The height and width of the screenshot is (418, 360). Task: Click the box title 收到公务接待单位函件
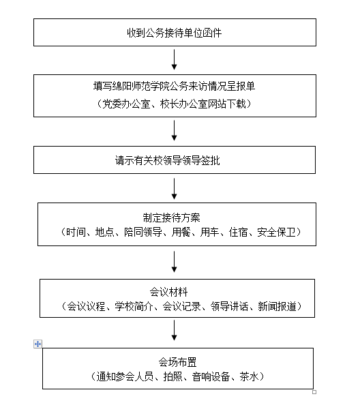coord(175,33)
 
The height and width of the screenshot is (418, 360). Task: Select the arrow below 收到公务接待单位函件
coord(175,59)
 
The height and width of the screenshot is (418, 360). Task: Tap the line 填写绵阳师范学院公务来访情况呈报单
coord(175,86)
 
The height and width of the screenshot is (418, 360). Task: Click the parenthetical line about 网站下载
coord(175,104)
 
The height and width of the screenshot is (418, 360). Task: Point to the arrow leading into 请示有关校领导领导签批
coord(175,130)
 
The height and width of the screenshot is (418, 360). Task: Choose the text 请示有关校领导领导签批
coord(167,160)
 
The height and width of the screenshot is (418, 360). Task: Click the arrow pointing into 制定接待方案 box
coord(175,189)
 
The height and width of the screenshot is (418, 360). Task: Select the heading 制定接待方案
coord(171,218)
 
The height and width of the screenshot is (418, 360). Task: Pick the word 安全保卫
coord(277,233)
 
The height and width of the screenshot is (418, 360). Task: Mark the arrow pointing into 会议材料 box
coord(175,262)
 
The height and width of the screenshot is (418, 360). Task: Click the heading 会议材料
coord(168,292)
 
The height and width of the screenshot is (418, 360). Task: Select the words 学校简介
coord(134,306)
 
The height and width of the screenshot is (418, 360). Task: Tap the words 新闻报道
coord(277,306)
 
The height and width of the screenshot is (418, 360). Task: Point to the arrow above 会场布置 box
coord(175,330)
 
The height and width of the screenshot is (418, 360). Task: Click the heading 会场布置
coord(177,362)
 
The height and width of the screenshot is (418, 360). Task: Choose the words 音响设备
coord(211,376)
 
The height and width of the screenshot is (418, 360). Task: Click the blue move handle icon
coord(37,344)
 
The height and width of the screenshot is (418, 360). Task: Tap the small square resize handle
coord(314,392)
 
